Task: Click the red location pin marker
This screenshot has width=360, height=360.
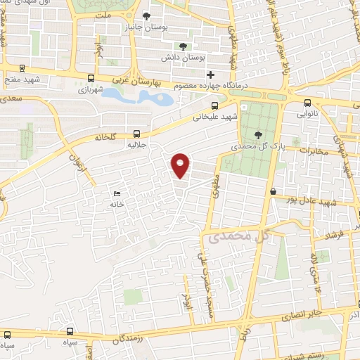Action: coord(181,165)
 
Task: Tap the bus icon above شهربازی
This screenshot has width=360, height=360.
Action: coord(91,79)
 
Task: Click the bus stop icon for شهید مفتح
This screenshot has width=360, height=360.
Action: coord(24,69)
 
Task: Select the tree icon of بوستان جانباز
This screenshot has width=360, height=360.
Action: coord(146,16)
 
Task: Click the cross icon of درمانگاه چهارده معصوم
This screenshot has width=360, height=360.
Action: coord(210,75)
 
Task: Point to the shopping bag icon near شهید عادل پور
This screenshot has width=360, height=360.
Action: coord(272,191)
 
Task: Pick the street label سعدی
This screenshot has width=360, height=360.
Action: coord(12,100)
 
